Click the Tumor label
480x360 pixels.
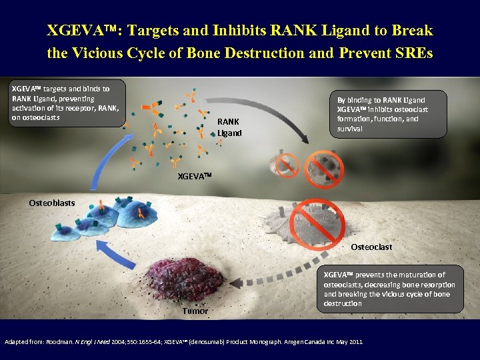tap(195, 311)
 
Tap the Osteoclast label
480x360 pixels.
tap(371, 247)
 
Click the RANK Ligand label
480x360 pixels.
tap(229, 127)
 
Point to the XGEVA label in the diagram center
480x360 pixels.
tap(194, 176)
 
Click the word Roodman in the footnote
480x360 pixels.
tap(59, 341)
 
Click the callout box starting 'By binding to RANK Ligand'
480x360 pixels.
tap(387, 114)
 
